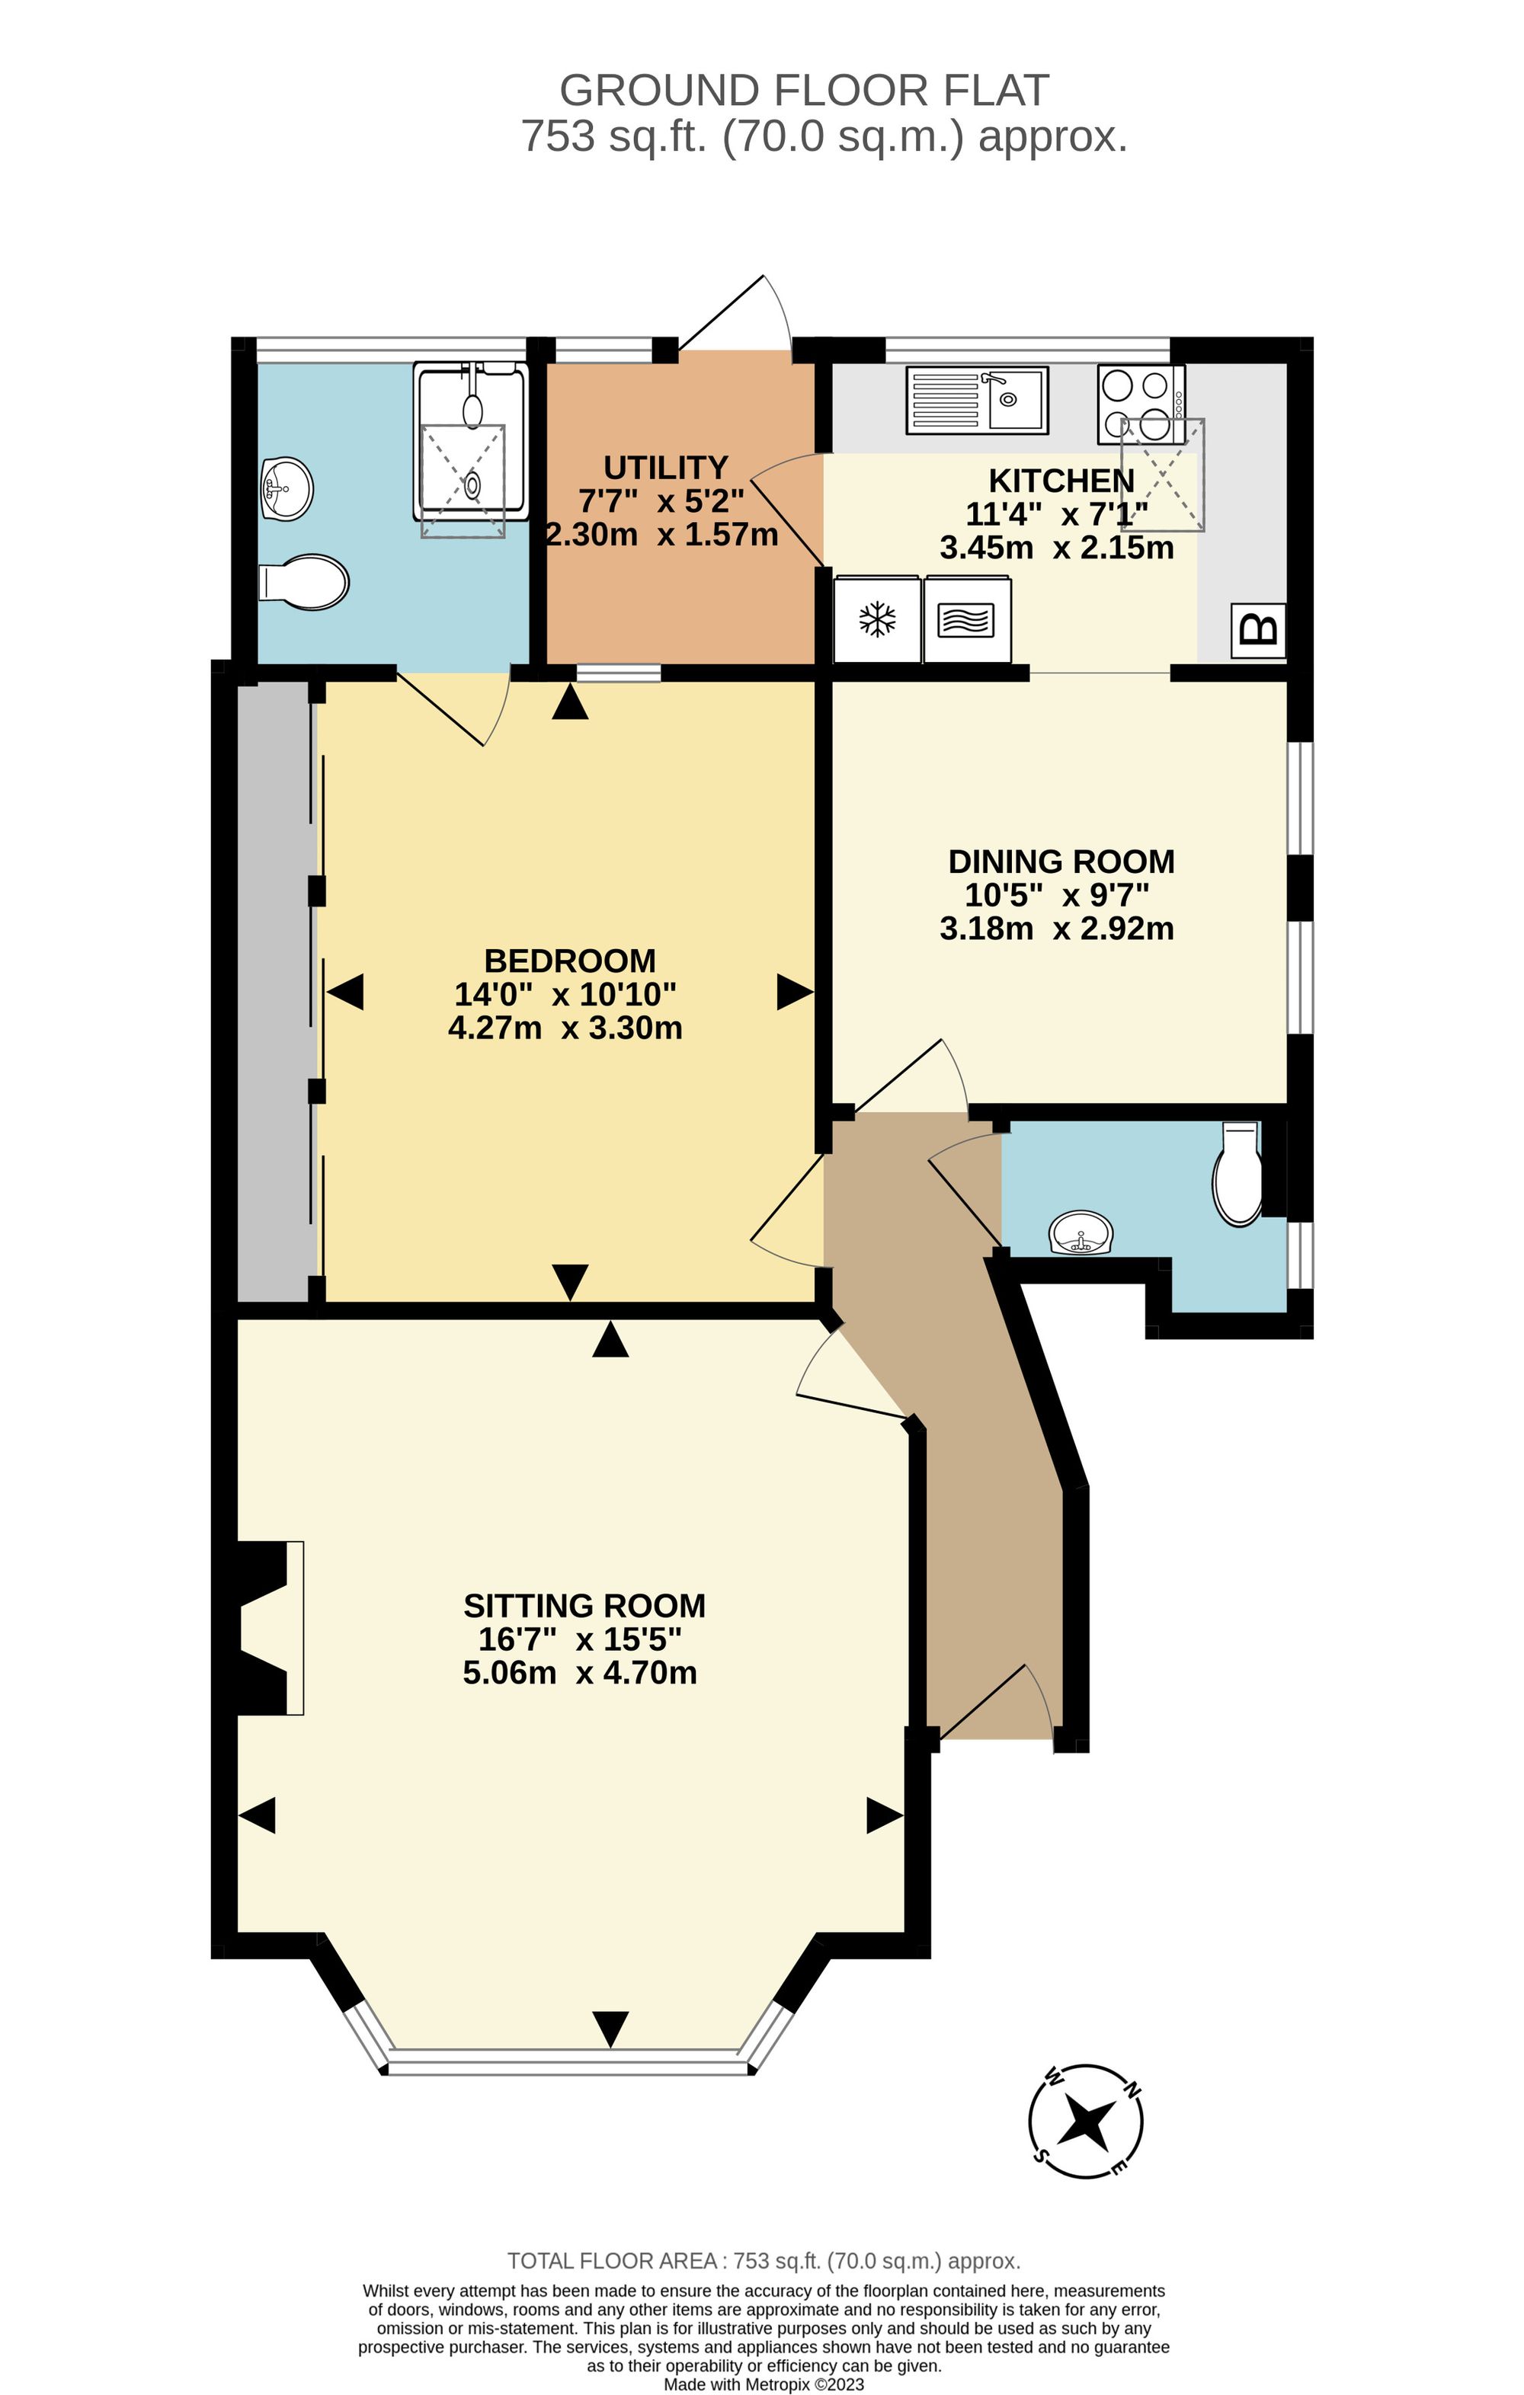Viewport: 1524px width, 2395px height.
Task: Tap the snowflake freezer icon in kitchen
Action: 876,619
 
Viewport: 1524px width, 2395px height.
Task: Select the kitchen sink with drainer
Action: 976,400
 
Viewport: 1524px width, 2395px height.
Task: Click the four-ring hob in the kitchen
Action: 1141,404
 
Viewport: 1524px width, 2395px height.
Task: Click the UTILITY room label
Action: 665,468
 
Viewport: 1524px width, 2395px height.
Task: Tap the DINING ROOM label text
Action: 1061,862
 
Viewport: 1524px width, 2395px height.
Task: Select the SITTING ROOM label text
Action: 584,1605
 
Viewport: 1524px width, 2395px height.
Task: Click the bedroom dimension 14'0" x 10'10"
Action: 565,993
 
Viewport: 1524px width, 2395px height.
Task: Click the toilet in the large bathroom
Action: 304,582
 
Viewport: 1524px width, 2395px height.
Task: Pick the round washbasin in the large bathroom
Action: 287,488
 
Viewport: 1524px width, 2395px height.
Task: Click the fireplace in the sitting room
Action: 268,1628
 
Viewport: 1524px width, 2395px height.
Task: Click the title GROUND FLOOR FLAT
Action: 804,91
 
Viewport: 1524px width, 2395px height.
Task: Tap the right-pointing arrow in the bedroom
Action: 794,992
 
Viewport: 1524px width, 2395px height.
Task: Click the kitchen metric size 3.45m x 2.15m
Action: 1056,548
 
